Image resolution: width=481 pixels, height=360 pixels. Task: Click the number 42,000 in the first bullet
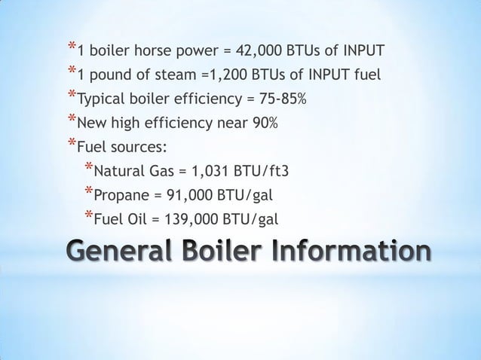(258, 52)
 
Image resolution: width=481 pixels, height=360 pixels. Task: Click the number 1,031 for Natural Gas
(199, 171)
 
